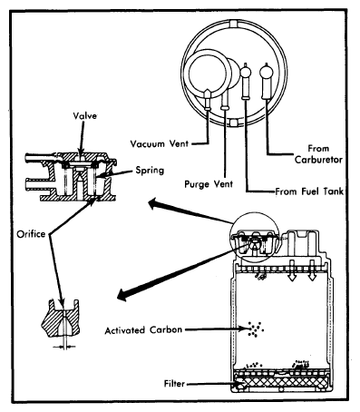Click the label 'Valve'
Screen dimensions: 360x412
point(84,116)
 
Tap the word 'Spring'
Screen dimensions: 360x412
point(150,171)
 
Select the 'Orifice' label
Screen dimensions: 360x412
point(31,234)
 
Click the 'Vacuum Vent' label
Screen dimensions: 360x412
point(160,143)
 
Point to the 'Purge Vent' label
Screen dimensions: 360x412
point(209,184)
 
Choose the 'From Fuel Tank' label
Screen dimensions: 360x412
point(309,191)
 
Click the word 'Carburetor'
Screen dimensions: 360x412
point(318,160)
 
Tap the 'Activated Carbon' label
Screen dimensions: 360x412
point(143,329)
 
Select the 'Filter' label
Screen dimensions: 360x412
point(174,384)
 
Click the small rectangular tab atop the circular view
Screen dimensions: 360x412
point(234,24)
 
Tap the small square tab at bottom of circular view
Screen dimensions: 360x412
point(233,123)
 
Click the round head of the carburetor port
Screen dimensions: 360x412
point(267,73)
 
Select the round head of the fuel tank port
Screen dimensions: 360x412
point(246,73)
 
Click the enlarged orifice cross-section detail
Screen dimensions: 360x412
point(61,319)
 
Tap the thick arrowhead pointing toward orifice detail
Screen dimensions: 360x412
point(123,294)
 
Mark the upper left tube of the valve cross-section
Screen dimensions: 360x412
point(42,158)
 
